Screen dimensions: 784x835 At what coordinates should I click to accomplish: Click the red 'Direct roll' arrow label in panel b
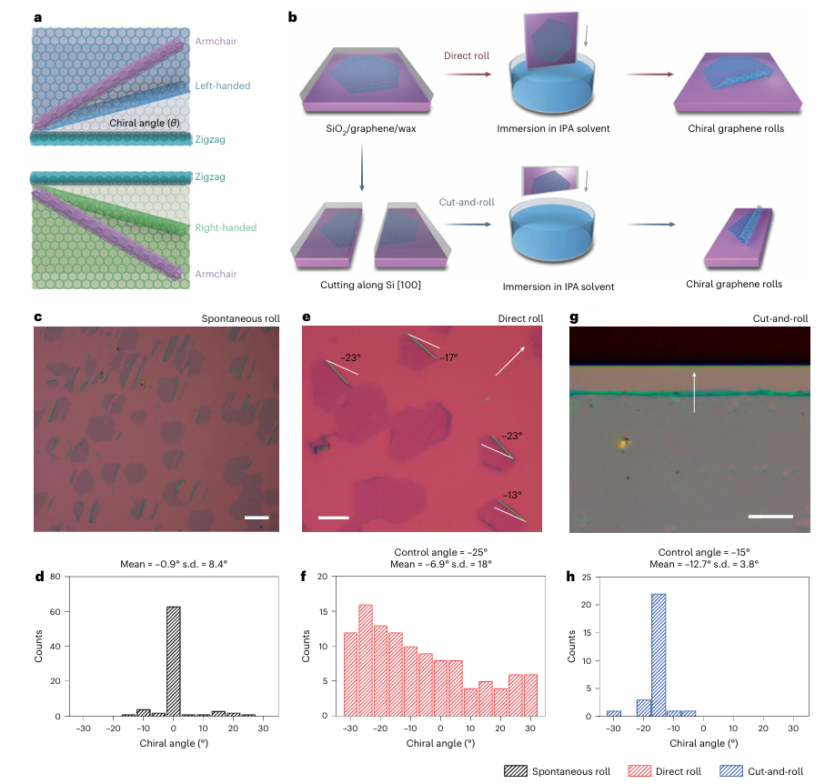[468, 56]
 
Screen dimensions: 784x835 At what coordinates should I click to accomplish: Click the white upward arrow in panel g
[695, 391]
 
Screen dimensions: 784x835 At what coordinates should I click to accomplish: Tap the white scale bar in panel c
[257, 518]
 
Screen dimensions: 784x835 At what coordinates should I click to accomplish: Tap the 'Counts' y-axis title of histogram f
[307, 646]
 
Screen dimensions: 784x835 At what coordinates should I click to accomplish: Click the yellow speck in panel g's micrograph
[624, 443]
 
